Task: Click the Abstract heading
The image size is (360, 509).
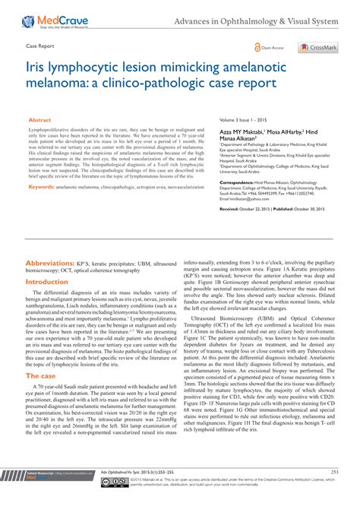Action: (39, 120)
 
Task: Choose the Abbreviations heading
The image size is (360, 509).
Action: (58, 219)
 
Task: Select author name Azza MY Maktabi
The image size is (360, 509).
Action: (238, 132)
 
